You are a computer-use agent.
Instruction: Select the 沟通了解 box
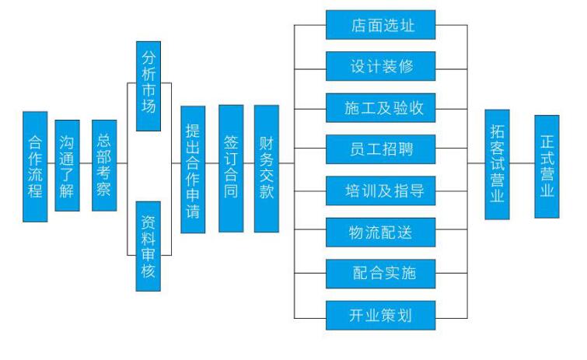[67, 166]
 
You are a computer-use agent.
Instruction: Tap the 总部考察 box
[104, 166]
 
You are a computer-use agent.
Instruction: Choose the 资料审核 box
[148, 246]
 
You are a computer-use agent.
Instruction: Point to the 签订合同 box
[231, 168]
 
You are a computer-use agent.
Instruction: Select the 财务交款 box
[267, 168]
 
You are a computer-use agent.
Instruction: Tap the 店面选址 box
[379, 25]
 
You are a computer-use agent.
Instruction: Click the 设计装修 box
[379, 66]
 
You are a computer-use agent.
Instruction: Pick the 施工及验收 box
[379, 107]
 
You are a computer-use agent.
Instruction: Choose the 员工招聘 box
[379, 149]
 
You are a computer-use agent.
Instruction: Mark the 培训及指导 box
[379, 189]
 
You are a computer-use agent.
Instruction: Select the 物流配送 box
[379, 230]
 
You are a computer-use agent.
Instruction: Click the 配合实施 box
[379, 272]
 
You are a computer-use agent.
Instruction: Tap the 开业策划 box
[379, 313]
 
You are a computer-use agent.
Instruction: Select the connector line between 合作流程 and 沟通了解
[51, 164]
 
